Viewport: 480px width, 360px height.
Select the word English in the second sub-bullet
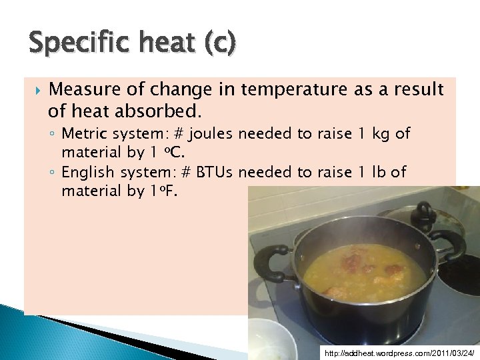[86, 173]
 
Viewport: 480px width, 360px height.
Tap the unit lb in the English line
[379, 173]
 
